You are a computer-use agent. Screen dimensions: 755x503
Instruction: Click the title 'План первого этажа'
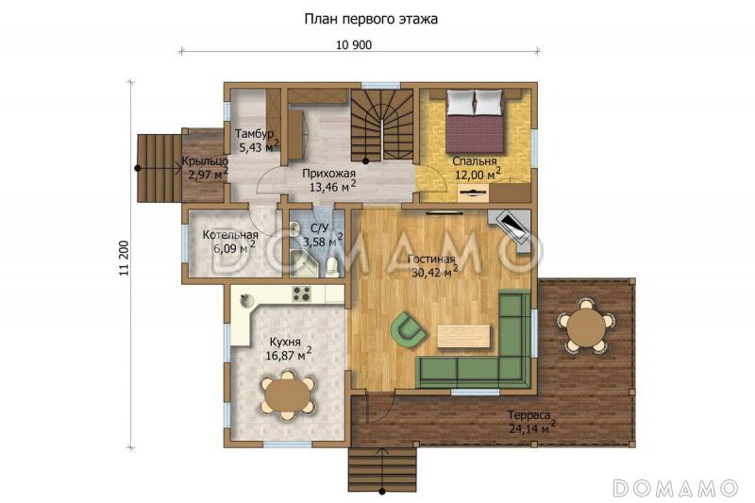pos(371,19)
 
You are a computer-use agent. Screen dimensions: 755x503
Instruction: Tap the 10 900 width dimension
pos(354,45)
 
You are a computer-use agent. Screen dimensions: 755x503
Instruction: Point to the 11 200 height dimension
pos(125,258)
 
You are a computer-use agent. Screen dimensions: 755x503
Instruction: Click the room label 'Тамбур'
pos(254,133)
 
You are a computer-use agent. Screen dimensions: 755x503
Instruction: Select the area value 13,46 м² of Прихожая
pos(333,186)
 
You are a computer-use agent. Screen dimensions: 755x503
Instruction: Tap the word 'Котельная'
pos(230,235)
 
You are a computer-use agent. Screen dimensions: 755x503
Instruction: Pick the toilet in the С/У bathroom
pos(332,267)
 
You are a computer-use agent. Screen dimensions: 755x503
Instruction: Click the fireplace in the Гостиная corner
pos(512,229)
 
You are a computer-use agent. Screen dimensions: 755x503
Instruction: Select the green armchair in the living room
pos(408,328)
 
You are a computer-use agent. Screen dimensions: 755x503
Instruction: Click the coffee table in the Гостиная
pos(463,336)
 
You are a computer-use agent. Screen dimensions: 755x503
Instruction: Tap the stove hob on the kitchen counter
pos(302,293)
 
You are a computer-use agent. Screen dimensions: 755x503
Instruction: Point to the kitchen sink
pos(246,300)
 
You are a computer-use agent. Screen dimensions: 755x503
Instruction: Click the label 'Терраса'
pos(528,415)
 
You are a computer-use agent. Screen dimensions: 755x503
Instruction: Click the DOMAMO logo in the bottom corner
pos(675,488)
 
